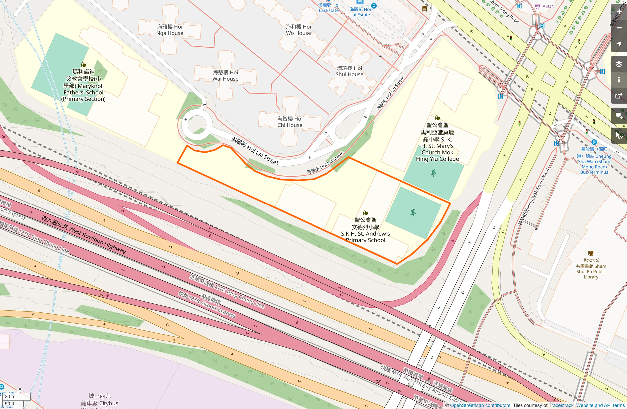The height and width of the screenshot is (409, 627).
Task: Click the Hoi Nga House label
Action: [170, 30]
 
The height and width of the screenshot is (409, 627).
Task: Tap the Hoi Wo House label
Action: [298, 30]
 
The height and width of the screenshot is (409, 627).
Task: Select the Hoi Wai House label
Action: [225, 76]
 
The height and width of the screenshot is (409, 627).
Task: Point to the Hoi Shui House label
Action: [349, 71]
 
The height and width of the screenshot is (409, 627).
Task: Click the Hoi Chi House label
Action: [290, 122]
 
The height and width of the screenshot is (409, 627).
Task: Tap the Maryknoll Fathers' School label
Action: [84, 85]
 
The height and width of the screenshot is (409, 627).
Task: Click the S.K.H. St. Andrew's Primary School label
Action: [365, 230]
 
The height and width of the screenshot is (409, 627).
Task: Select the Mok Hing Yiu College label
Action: [437, 142]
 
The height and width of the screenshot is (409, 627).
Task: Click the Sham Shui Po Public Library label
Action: [591, 269]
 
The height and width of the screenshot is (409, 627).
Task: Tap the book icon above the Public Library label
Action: [591, 253]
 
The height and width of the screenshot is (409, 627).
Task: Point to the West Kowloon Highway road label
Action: [84, 234]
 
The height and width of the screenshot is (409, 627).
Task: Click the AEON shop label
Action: [548, 6]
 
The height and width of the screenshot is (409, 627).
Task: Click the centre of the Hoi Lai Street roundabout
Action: [197, 125]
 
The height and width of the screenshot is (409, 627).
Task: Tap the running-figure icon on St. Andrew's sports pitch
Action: [413, 213]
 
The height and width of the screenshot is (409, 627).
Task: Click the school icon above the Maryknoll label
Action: [83, 65]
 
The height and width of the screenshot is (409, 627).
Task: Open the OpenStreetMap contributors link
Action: [480, 405]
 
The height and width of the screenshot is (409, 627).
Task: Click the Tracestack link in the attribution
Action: [561, 405]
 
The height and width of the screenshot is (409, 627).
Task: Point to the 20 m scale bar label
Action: [10, 396]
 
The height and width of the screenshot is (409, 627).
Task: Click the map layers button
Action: [619, 64]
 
